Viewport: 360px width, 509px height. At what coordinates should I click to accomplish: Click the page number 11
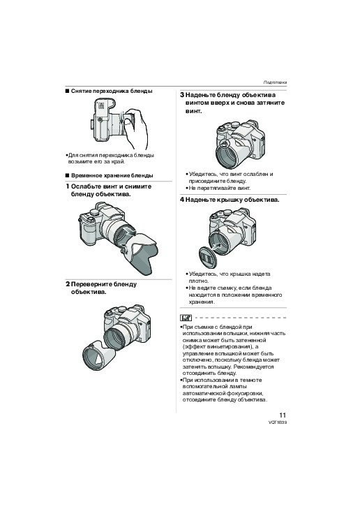283,415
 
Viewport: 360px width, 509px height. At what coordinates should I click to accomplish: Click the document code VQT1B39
278,422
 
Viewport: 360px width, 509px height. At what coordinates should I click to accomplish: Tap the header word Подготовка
275,82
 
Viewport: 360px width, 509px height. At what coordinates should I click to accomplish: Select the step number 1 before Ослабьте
68,186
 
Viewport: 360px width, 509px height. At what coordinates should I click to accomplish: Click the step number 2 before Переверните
68,284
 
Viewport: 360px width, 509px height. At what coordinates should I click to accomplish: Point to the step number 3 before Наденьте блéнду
182,95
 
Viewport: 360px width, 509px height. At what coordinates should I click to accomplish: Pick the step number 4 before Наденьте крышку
182,200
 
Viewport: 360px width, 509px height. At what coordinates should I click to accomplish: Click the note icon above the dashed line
186,318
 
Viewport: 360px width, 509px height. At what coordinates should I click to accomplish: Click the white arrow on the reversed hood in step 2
98,359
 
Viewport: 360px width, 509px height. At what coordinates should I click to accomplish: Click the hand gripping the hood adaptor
135,126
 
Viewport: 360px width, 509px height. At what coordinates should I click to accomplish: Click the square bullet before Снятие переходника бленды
67,91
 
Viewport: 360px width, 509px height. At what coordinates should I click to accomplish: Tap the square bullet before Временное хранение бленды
67,176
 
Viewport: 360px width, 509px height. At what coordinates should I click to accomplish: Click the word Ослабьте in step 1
86,186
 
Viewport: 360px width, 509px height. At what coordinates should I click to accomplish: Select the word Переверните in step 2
91,285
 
